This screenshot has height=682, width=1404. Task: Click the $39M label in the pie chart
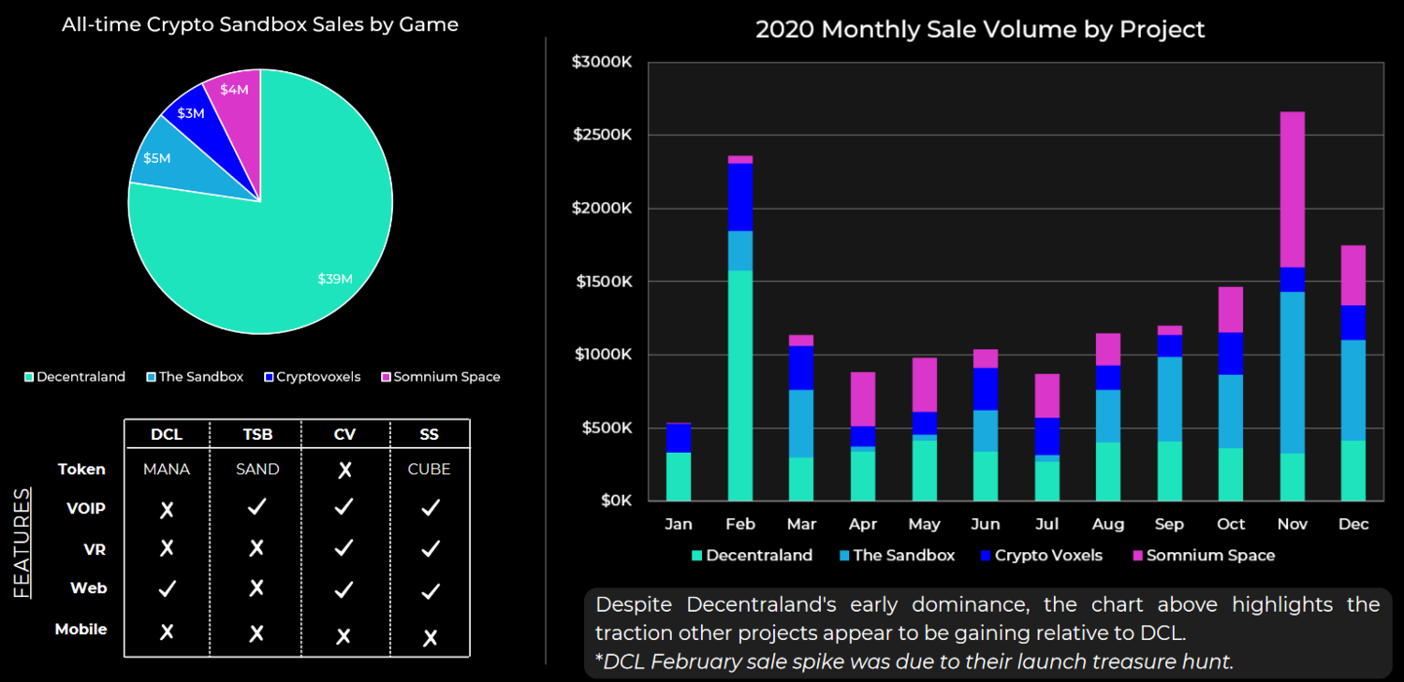tap(334, 279)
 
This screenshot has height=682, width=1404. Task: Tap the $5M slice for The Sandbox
tap(156, 157)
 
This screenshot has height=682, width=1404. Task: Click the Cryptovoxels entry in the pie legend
tap(313, 377)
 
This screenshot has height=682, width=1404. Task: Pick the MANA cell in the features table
tap(167, 469)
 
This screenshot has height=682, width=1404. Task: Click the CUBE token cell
tap(430, 469)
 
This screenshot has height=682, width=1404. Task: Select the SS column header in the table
tap(430, 434)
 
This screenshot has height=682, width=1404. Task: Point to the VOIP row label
tap(86, 509)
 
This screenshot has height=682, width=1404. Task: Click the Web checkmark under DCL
tap(167, 588)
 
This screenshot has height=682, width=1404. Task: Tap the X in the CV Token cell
tap(344, 470)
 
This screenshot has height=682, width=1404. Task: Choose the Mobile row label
tap(80, 629)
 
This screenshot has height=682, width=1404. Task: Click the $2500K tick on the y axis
tap(602, 135)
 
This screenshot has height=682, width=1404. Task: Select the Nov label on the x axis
tap(1292, 524)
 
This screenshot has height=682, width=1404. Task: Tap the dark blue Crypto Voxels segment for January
tap(678, 438)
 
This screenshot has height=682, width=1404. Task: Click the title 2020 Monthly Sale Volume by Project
tap(980, 29)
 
